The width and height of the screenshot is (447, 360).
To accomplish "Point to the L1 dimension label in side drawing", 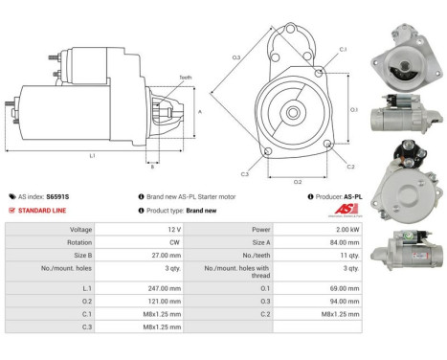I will click(x=93, y=155).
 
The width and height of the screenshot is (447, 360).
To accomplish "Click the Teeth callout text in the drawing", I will click(x=185, y=78).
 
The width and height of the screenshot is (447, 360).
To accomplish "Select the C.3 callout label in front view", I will click(x=245, y=174).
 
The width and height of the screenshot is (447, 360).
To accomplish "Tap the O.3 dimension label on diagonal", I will click(x=236, y=58).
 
